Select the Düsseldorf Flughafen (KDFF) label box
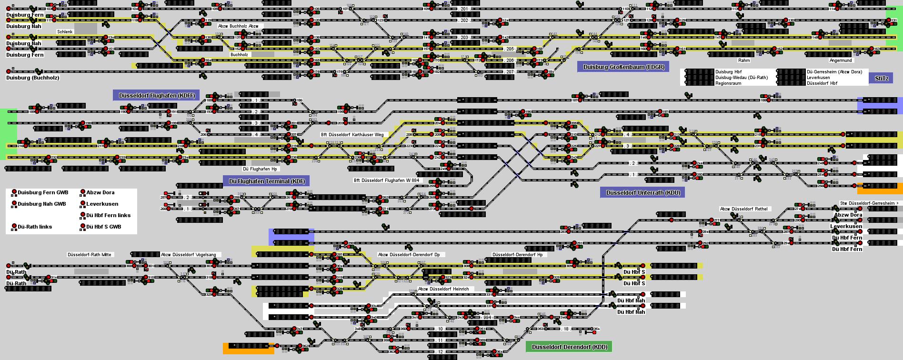[156, 95]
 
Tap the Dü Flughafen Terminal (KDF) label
[266, 181]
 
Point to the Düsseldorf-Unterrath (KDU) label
[642, 192]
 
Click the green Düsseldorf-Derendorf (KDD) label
[569, 347]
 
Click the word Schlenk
[65, 32]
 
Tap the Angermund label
[840, 60]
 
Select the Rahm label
[743, 60]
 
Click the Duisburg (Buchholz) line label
[32, 78]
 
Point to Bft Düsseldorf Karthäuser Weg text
[352, 135]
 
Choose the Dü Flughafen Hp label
[260, 169]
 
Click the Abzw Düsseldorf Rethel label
[743, 209]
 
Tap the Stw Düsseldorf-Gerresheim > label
[869, 203]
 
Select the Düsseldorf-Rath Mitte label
[89, 255]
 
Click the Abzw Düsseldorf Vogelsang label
[188, 255]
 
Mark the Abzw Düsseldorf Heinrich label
[443, 289]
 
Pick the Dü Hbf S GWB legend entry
[103, 227]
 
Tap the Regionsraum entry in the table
[728, 83]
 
